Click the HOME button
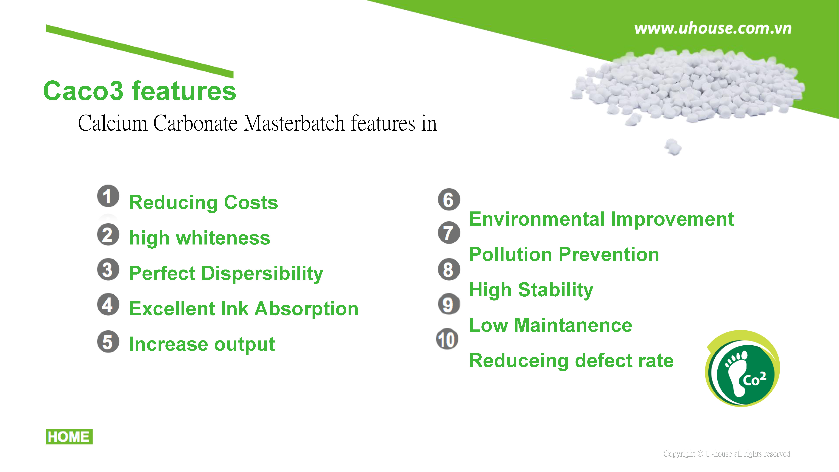click(x=69, y=436)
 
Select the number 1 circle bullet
click(x=108, y=196)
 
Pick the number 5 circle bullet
click(x=108, y=342)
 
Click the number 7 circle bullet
click(x=449, y=233)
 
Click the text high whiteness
click(x=200, y=238)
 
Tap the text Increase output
click(x=202, y=344)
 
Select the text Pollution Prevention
click(x=564, y=254)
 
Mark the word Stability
click(x=556, y=290)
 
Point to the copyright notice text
click(x=727, y=454)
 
